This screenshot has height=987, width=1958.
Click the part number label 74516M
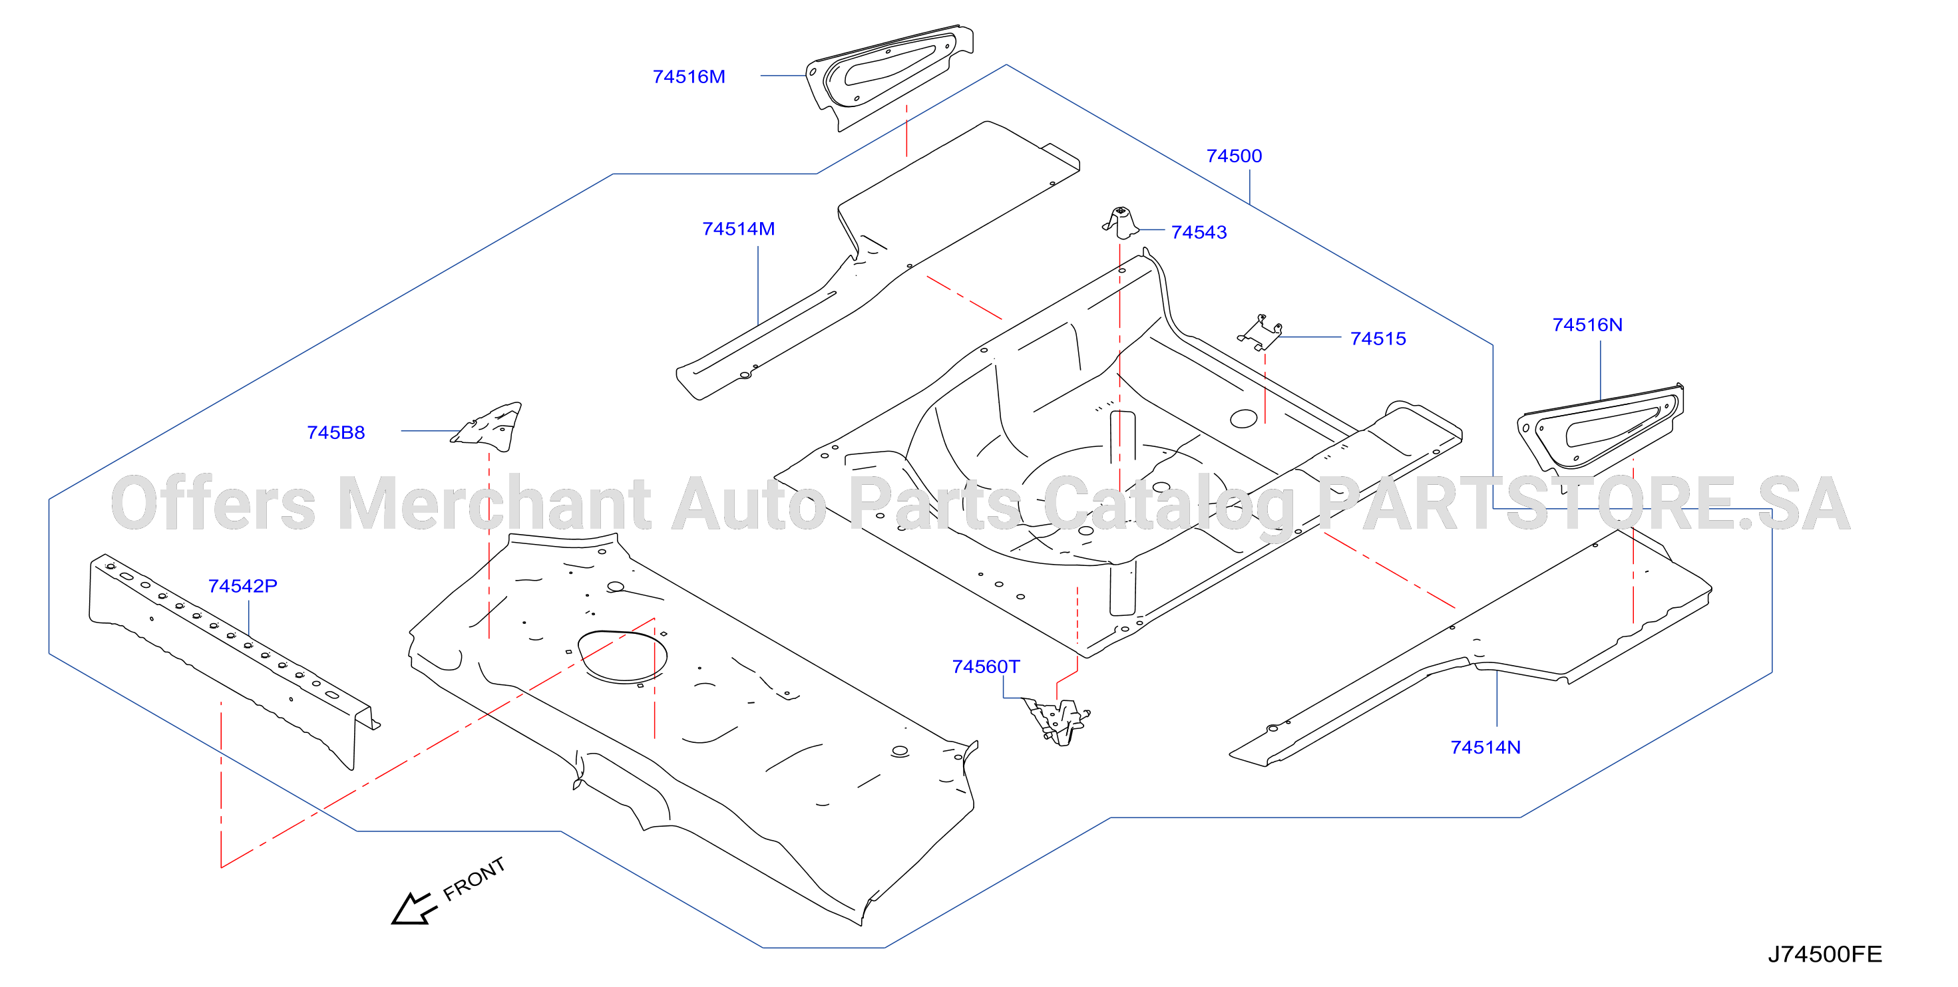click(689, 76)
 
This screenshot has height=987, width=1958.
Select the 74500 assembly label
click(1234, 156)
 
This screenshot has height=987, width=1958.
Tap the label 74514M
click(738, 229)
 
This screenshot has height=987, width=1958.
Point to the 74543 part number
click(1199, 233)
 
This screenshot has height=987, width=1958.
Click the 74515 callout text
click(1378, 339)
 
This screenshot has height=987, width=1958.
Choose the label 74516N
click(1587, 325)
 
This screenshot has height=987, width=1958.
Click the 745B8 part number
click(336, 433)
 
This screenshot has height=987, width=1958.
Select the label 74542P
click(242, 587)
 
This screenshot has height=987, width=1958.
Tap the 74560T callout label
click(986, 667)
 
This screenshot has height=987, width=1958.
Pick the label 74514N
click(1485, 748)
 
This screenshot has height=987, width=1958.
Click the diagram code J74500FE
click(1824, 954)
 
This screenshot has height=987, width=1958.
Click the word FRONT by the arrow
click(475, 879)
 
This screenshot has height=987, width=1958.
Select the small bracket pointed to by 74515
click(1261, 333)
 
